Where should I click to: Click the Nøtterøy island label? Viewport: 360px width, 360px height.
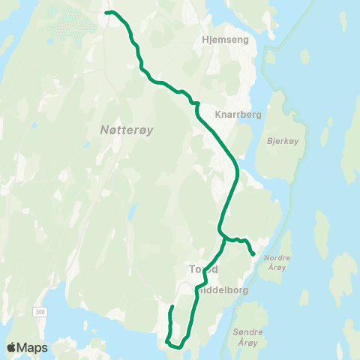pos(126,130)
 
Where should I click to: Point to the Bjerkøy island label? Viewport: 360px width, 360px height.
pos(281,139)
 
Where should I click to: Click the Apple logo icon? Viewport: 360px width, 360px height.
pos(12,347)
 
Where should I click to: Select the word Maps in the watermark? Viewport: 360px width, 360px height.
pos(33,347)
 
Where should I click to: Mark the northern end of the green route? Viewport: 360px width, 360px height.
pos(106,13)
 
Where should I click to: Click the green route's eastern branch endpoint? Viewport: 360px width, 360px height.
pos(253,254)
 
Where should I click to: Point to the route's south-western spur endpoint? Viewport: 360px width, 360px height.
pos(172,307)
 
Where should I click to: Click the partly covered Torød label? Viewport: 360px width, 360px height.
pos(202,268)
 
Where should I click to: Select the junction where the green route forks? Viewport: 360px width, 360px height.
pos(222,232)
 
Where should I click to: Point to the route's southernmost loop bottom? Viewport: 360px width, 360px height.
pos(177,346)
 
